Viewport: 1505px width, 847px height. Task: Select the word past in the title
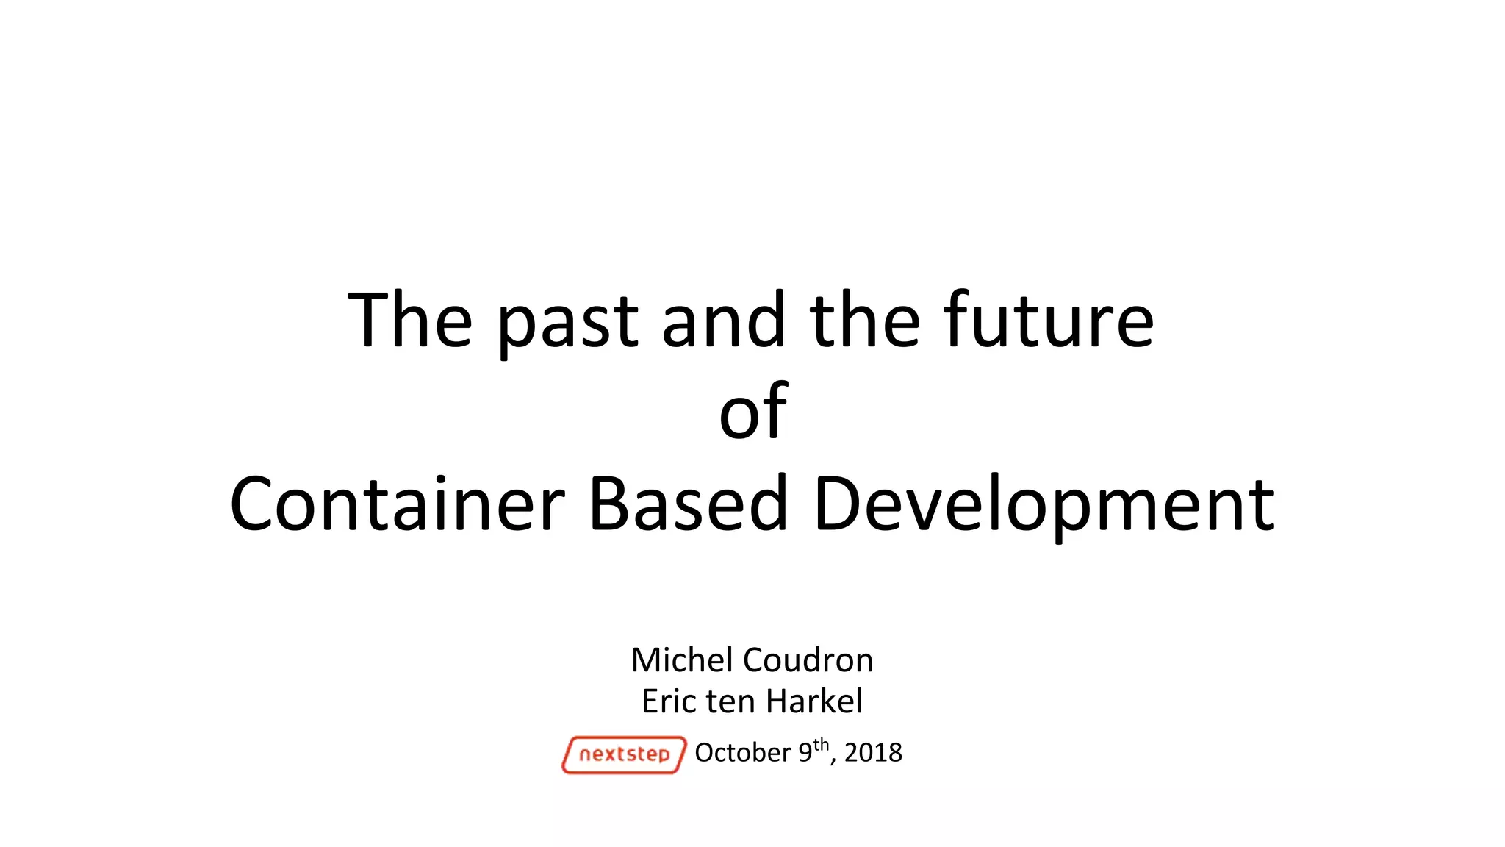[567, 324]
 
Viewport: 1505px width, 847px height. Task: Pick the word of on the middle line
[752, 412]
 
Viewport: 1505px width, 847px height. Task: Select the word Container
[397, 504]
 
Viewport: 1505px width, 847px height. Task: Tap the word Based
[689, 504]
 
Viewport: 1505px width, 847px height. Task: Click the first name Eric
[669, 701]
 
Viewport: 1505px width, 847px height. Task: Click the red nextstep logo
[624, 754]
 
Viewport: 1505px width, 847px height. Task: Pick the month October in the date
[742, 753]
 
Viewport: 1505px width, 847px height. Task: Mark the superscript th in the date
[821, 745]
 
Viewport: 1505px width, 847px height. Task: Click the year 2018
[873, 753]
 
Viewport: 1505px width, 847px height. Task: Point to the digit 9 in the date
[805, 753]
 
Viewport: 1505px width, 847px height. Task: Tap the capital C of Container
[254, 504]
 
